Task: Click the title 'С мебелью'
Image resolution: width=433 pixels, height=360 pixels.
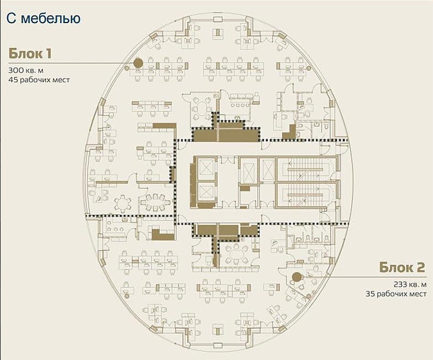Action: (x=44, y=19)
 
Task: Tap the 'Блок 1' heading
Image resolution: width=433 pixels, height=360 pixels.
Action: (x=30, y=53)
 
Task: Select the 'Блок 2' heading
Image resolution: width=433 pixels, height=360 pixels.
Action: (x=402, y=268)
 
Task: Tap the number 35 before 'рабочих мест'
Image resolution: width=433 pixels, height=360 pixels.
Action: (x=370, y=294)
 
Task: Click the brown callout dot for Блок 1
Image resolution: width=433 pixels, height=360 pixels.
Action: (x=138, y=63)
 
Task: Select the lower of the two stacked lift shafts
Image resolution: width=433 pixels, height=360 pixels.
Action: (x=207, y=192)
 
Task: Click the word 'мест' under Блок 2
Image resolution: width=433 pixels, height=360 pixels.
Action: (x=419, y=294)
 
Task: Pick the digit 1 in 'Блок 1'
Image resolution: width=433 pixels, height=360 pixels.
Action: (x=48, y=53)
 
